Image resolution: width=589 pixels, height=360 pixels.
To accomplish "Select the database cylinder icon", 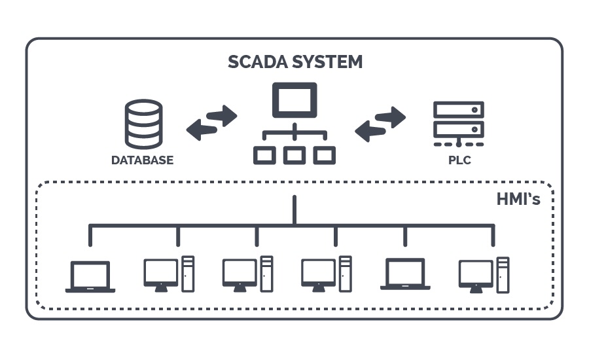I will tap(143, 123).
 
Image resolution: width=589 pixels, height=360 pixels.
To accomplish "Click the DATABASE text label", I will tap(142, 160).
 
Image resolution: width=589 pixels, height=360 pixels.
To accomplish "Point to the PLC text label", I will tap(459, 160).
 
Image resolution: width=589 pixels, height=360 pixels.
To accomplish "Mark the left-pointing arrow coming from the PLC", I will tap(370, 131).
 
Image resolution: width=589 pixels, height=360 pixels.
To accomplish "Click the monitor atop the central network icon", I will tap(294, 100).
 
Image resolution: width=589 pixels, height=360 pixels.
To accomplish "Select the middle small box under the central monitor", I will tap(294, 154).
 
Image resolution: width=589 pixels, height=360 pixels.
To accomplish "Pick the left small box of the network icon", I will tap(264, 154).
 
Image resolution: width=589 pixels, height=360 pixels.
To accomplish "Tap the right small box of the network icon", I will tap(324, 154).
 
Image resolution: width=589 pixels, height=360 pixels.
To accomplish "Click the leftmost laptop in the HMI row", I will tap(90, 276).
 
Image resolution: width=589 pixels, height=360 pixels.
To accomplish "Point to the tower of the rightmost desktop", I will tap(503, 274).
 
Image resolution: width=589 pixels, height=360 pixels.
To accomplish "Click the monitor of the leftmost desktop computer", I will tap(160, 272).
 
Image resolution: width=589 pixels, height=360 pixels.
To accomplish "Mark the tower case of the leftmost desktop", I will tap(188, 274).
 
